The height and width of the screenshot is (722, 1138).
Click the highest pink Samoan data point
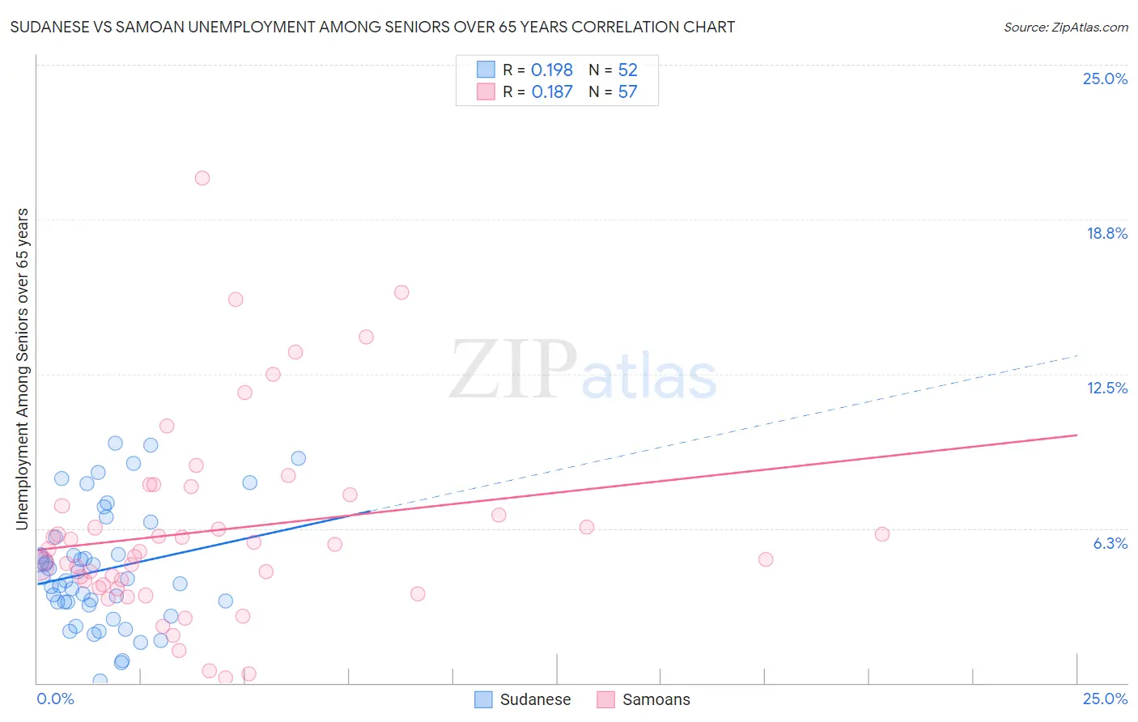click(202, 178)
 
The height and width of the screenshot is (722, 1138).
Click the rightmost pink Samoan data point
click(882, 534)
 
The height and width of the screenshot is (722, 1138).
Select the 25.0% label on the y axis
click(1105, 79)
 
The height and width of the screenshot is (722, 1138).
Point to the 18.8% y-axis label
click(1106, 233)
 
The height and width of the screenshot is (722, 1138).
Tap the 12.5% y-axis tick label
click(1106, 388)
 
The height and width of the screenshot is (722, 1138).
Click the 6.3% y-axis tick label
click(1110, 543)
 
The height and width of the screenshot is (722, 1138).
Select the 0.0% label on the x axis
click(55, 699)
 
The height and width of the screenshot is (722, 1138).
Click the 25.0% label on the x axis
click(1105, 699)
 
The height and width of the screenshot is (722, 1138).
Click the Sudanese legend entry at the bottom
click(535, 699)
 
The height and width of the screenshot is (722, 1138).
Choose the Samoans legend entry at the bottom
click(656, 699)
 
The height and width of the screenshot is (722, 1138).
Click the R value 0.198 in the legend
click(552, 70)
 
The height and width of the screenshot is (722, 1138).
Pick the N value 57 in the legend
click(628, 92)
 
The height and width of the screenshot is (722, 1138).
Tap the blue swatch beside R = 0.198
click(486, 70)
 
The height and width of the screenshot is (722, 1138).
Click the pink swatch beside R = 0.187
click(486, 91)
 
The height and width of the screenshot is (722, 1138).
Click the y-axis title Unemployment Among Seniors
click(22, 368)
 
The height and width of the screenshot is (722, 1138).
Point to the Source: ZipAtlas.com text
click(1065, 27)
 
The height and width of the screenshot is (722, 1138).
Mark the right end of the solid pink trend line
click(1077, 435)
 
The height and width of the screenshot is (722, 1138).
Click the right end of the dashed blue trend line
click(1077, 355)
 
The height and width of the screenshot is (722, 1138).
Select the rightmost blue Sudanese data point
click(298, 458)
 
